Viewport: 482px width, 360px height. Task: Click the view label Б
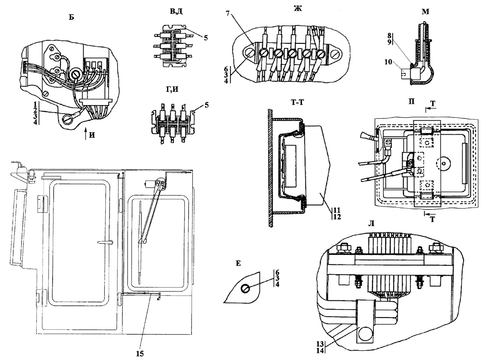[x=71, y=17]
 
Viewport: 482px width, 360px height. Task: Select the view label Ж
[x=298, y=8]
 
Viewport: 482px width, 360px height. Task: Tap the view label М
[x=426, y=12]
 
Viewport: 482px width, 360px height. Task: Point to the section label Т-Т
[x=297, y=102]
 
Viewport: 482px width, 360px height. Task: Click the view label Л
[x=371, y=224]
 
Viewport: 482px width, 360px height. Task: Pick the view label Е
[x=238, y=264]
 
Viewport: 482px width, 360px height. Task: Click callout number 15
[x=140, y=353]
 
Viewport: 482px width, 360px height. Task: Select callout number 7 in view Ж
[x=228, y=14]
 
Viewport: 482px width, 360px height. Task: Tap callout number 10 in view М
[x=388, y=62]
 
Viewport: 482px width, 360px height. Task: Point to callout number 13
[x=320, y=344]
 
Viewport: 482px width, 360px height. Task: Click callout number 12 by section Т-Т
[x=337, y=217]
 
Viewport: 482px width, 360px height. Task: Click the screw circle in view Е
[x=245, y=289]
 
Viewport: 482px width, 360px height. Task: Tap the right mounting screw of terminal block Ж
[x=336, y=56]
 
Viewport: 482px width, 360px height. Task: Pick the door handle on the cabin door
[x=106, y=242]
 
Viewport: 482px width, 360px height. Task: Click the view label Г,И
[x=172, y=89]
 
